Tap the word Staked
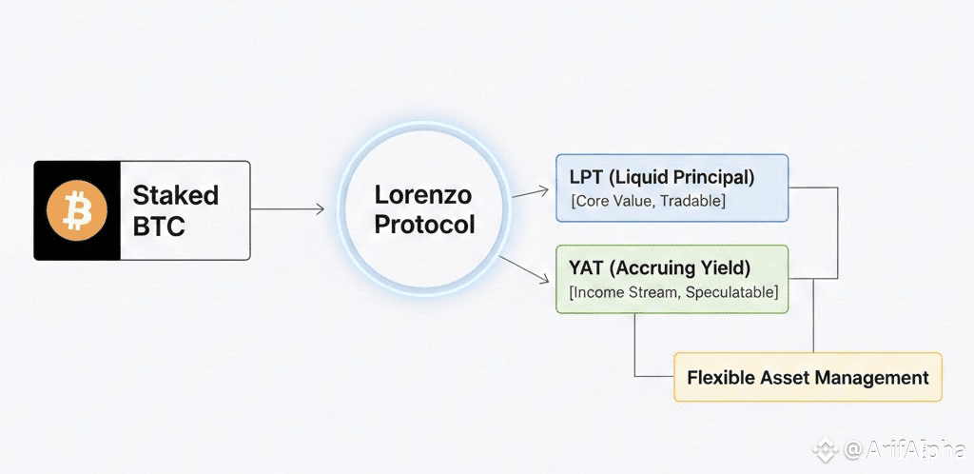(x=175, y=195)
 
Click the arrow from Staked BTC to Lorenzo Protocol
(x=287, y=209)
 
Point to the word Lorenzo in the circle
(x=423, y=195)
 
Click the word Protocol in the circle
(x=423, y=226)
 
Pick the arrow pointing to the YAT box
(x=526, y=270)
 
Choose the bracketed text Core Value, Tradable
(x=647, y=201)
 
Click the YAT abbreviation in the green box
(x=587, y=267)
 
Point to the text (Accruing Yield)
(x=681, y=267)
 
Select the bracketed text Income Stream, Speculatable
(x=672, y=292)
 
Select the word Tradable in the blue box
(x=691, y=201)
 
